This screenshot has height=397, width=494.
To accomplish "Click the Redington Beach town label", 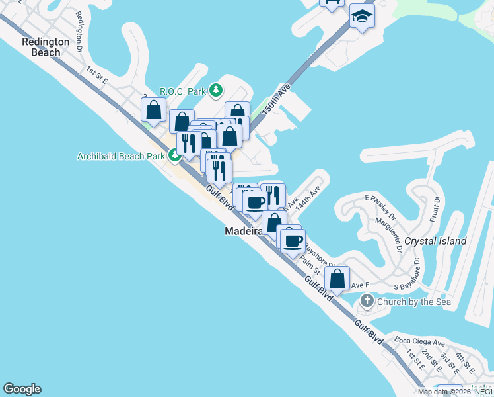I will (x=46, y=47).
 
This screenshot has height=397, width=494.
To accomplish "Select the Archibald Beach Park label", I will (x=120, y=157).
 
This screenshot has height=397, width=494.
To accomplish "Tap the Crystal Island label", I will (x=435, y=241).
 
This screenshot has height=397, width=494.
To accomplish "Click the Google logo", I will (x=22, y=389).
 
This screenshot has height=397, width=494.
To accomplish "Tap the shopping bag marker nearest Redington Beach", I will (x=153, y=110).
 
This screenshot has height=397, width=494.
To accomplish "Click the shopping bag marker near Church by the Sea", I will (x=337, y=279).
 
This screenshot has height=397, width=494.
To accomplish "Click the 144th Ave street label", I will (x=307, y=197).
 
